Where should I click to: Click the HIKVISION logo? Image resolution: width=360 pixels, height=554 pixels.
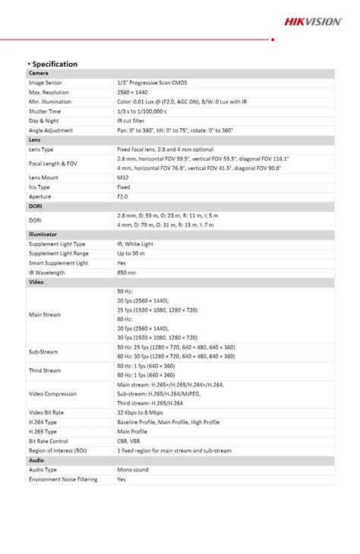313,22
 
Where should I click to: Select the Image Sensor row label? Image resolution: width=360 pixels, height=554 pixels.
46,82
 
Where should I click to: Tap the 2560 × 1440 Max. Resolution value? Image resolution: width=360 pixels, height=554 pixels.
134,92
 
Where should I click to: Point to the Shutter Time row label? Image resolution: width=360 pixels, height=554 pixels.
45,111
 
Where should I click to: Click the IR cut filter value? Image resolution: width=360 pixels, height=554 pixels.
133,121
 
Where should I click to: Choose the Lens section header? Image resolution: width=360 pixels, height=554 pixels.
36,140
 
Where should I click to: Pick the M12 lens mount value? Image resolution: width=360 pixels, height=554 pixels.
123,177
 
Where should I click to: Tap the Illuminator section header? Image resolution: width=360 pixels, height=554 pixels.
43,235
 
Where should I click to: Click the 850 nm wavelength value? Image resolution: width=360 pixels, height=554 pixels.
127,272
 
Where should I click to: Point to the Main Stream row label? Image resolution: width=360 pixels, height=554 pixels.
45,314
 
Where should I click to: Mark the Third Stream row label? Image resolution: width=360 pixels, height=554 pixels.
45,370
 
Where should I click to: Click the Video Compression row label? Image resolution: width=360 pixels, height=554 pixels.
52,394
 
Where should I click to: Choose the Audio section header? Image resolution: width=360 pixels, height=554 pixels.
36,460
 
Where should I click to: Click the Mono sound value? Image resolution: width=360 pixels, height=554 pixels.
133,470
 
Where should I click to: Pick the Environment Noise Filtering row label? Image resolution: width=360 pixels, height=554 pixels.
64,480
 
